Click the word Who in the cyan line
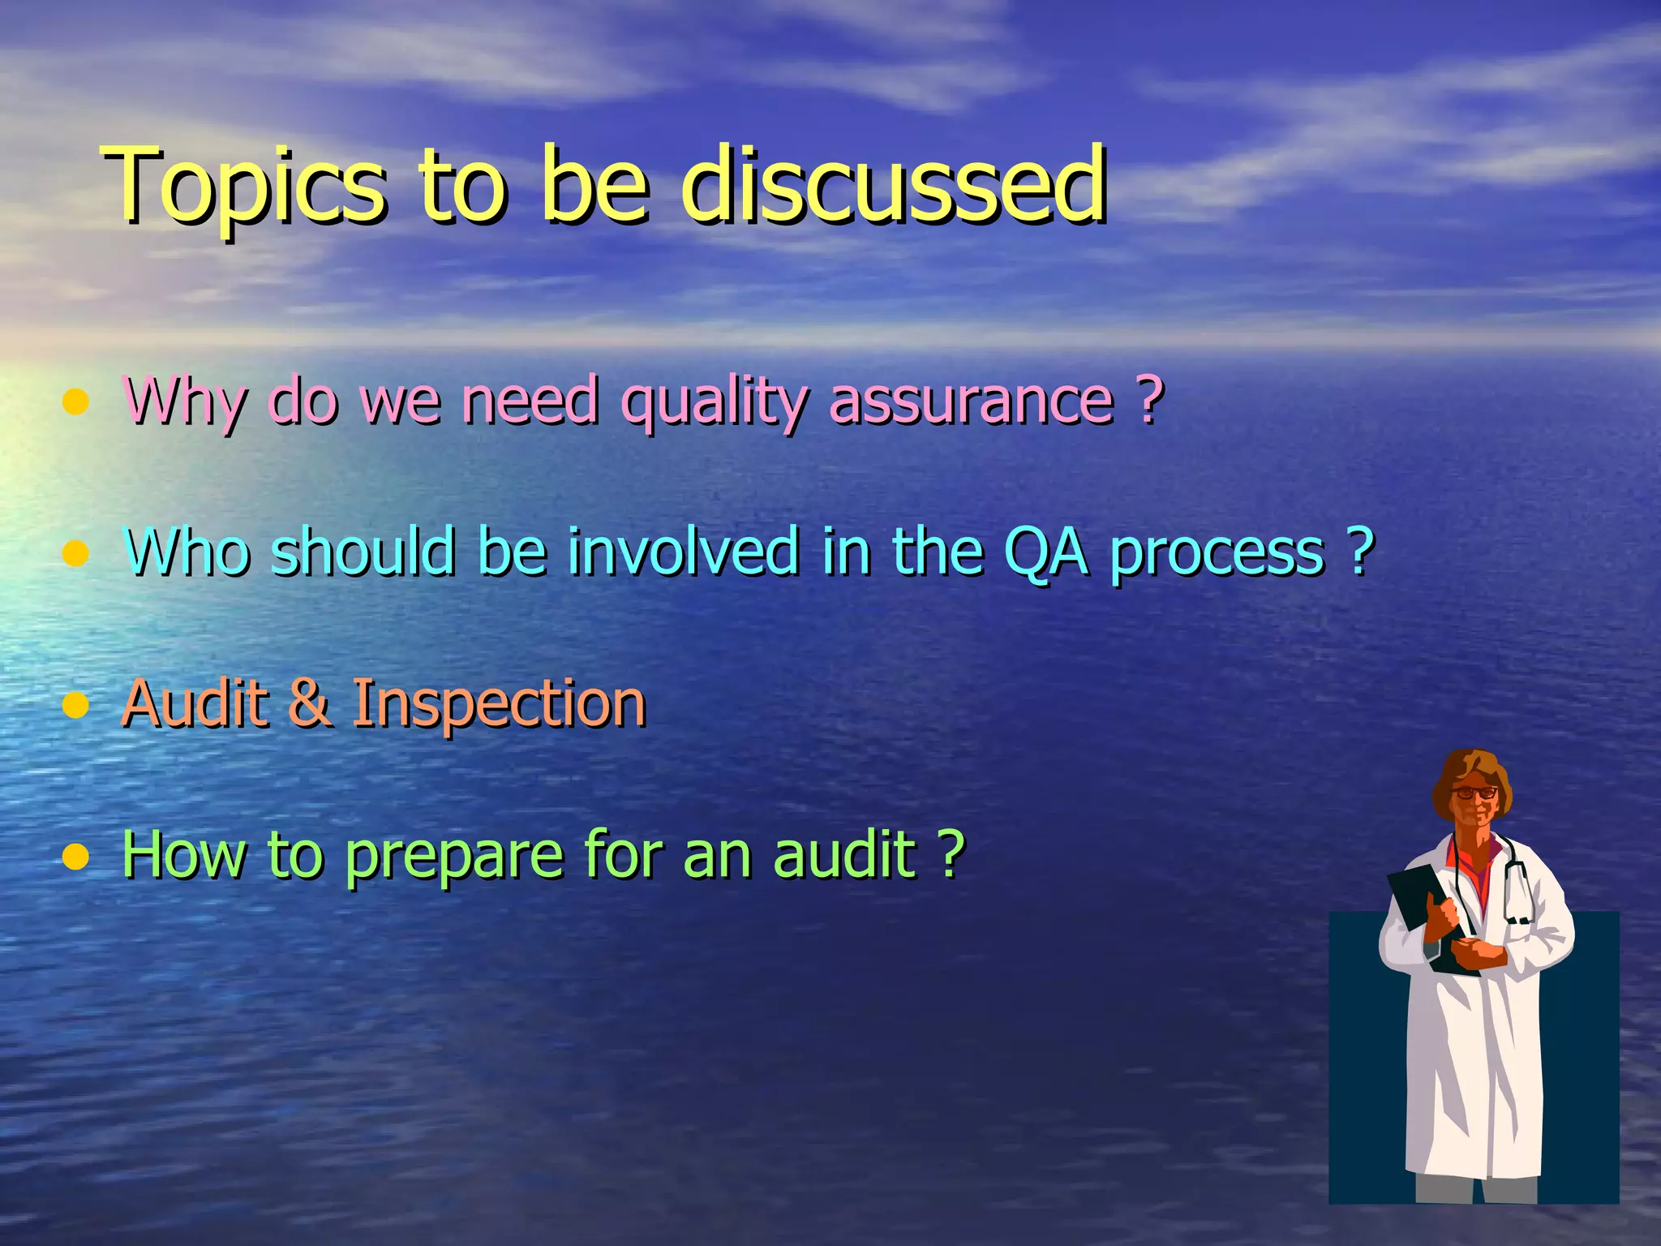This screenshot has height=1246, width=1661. point(187,552)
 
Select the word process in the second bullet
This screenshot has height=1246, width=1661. point(1217,555)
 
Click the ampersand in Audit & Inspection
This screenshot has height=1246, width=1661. point(308,702)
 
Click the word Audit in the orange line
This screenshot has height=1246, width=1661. point(195,702)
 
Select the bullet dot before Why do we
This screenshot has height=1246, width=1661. point(75,402)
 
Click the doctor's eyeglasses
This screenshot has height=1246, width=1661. point(1474,793)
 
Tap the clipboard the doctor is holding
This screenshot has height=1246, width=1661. point(1427,909)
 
